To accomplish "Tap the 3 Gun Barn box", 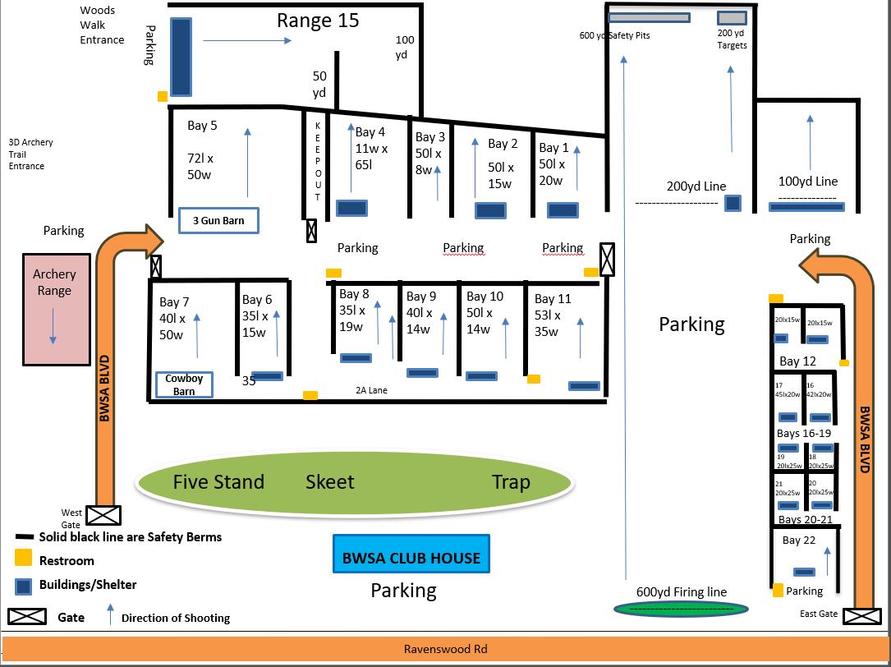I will [x=218, y=220].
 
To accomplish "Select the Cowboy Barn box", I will [x=184, y=385].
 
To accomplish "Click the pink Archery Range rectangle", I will [x=54, y=309].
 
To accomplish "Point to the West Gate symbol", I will [x=104, y=515].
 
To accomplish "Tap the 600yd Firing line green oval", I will [x=682, y=609].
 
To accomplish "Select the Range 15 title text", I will [x=318, y=21].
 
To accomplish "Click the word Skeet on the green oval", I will [x=330, y=482].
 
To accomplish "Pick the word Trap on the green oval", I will [x=511, y=482].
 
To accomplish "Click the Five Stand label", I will [x=218, y=482].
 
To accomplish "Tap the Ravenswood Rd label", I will [x=445, y=649].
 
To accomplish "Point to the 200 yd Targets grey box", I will [x=732, y=18].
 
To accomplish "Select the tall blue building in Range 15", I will [x=181, y=57].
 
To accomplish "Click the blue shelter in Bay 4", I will [x=351, y=208].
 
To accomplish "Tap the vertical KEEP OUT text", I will [x=318, y=161].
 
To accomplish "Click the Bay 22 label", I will [x=799, y=540].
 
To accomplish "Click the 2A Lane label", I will [x=371, y=390].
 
